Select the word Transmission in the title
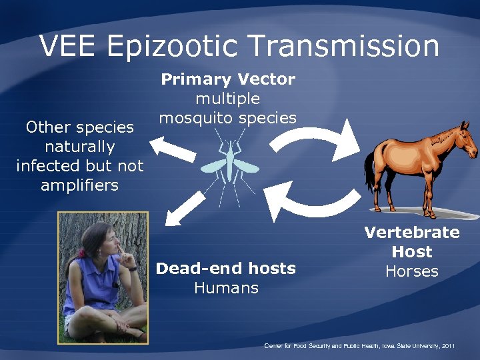point(345,47)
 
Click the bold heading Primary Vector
point(228,79)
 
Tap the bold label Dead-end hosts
point(225,269)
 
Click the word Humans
point(225,288)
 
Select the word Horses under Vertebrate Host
point(411,271)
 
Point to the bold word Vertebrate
point(411,233)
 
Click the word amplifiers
point(79,185)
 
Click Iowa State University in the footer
point(405,346)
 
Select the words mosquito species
point(227,118)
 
